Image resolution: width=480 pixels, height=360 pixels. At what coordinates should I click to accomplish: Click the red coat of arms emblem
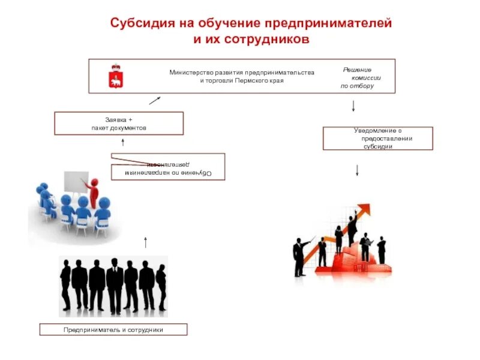pyautogui.click(x=113, y=76)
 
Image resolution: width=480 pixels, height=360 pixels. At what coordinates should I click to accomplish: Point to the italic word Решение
pyautogui.click(x=357, y=70)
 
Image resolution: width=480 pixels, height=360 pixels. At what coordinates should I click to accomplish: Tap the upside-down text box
pyautogui.click(x=168, y=166)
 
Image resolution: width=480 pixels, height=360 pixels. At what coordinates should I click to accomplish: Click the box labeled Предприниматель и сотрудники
pyautogui.click(x=113, y=329)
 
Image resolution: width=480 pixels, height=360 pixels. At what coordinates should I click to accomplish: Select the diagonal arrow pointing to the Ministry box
pyautogui.click(x=154, y=101)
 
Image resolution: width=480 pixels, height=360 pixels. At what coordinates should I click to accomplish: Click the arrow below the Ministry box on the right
pyautogui.click(x=353, y=106)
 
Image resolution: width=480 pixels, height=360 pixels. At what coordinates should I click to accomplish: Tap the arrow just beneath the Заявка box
pyautogui.click(x=122, y=142)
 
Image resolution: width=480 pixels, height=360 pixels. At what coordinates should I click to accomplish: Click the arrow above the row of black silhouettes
pyautogui.click(x=145, y=242)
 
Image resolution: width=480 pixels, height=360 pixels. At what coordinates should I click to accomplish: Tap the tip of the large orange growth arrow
pyautogui.click(x=367, y=208)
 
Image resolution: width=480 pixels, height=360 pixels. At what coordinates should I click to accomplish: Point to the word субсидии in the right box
pyautogui.click(x=377, y=146)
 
